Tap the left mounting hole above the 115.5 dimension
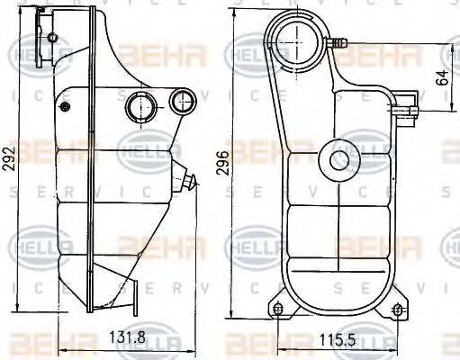coord(279,310)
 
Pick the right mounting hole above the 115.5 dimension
coord(399,310)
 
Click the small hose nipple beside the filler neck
coord(339,41)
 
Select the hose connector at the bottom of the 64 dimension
coord(412,112)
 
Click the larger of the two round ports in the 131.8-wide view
coord(140,106)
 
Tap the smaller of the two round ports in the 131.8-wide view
coord(184,102)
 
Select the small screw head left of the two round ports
coord(65,106)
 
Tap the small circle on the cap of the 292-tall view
coord(53,38)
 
